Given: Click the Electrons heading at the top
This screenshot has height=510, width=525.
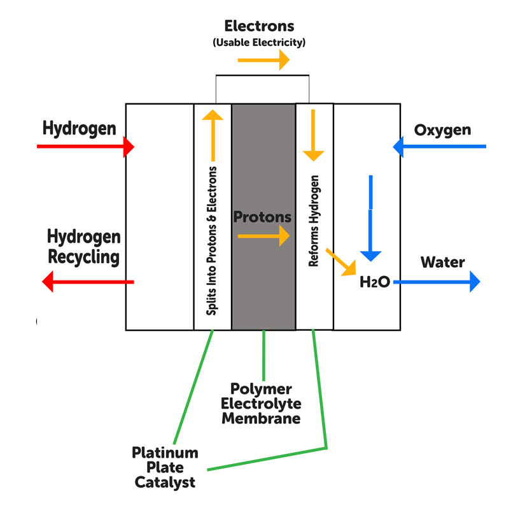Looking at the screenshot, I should pos(259,26).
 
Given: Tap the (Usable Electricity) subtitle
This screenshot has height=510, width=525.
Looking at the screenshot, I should pos(259,43).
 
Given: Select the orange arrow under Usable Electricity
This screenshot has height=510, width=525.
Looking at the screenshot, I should pos(263,61).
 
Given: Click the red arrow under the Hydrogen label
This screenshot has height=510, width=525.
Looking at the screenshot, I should pos(85,147).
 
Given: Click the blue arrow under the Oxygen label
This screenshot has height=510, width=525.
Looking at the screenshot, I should pos(439,147).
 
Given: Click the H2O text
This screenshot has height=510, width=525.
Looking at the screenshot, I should pos(374,282).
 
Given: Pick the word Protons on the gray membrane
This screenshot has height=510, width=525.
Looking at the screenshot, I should pos(262,217).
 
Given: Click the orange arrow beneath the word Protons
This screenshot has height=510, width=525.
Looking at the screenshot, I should pos(263,237).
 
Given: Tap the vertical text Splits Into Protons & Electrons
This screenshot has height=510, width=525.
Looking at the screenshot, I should pos(213,240).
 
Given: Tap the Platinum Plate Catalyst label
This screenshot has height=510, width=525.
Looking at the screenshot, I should pos(165,468).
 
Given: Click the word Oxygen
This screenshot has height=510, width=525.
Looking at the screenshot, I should pos(442,130).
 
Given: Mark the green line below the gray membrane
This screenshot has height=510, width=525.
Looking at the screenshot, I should pos(263,354).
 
